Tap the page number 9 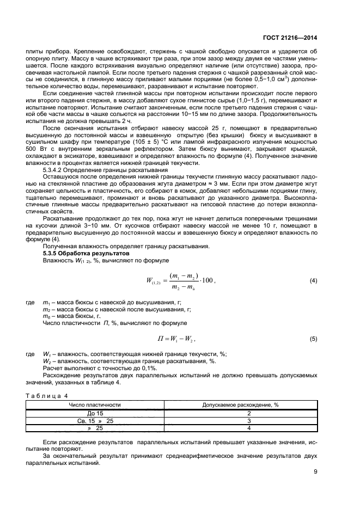click(315, 472)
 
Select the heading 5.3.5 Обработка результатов click(79, 254)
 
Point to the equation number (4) click(313, 280)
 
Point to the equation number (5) click(313, 339)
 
